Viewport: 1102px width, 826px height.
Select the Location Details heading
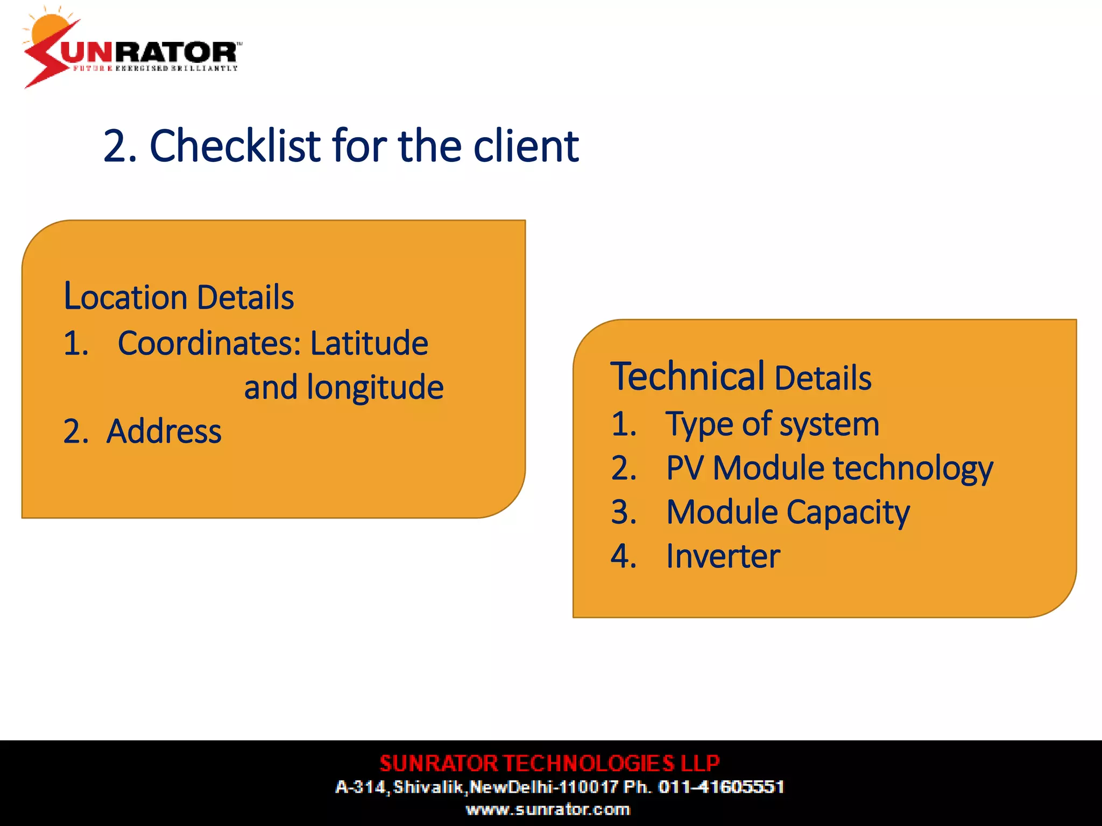(x=179, y=297)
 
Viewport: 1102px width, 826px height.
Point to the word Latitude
(x=369, y=343)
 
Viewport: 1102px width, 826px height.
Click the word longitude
(x=375, y=387)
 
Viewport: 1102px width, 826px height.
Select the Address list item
(x=164, y=431)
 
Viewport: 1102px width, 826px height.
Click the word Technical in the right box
(x=687, y=376)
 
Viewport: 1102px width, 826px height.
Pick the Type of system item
(x=772, y=424)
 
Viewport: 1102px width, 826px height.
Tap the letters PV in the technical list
(x=684, y=468)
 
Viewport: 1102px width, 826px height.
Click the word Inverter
(x=723, y=556)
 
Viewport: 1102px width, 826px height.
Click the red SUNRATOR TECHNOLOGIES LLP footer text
(x=549, y=763)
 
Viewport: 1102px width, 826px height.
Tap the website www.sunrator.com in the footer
(x=548, y=809)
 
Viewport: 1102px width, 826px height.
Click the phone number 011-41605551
(x=721, y=787)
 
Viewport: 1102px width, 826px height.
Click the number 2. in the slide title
(x=119, y=146)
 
